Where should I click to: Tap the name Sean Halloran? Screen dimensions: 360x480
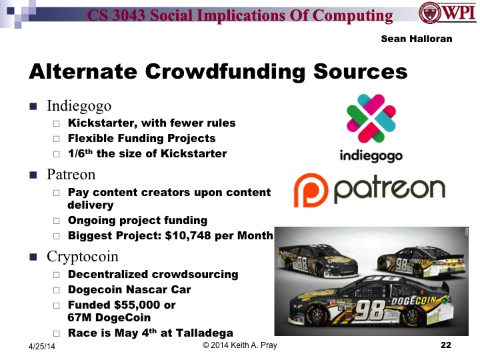click(416, 39)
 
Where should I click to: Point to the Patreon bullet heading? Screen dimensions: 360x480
click(71, 175)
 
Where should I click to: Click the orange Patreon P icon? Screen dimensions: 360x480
click(310, 189)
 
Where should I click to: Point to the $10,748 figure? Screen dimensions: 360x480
click(196, 235)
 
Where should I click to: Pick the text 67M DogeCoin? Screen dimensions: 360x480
click(108, 317)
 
